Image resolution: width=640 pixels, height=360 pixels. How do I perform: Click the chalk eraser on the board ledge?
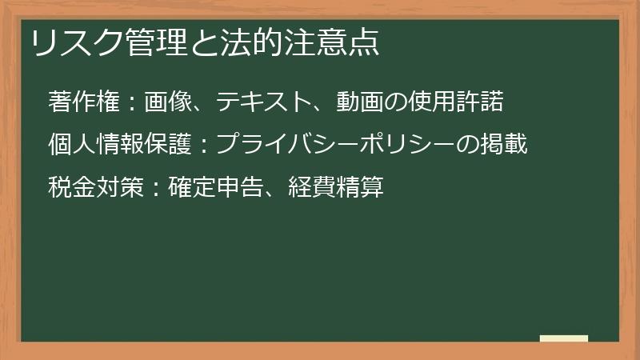[x=563, y=338]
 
